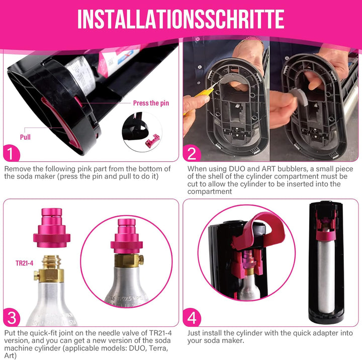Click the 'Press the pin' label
[x=151, y=103]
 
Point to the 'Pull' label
[x=25, y=137]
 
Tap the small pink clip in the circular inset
[x=149, y=144]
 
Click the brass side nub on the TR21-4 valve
[x=36, y=274]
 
